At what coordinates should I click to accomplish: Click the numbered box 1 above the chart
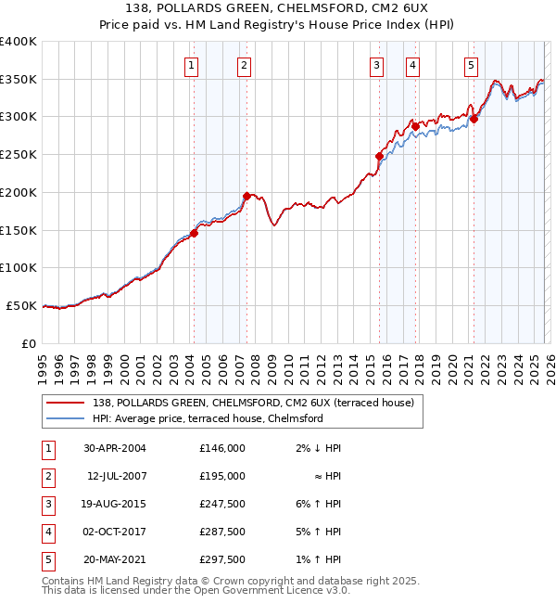[190, 65]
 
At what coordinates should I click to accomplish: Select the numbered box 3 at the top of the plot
[377, 65]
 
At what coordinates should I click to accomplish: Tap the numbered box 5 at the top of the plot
[472, 65]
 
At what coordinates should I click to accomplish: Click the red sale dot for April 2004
[195, 233]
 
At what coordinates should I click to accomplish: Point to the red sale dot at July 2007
[246, 196]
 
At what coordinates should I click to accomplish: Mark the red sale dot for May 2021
[474, 119]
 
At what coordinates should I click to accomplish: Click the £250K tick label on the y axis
[19, 155]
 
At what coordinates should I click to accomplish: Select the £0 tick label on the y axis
[28, 343]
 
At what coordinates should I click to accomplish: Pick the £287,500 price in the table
[221, 532]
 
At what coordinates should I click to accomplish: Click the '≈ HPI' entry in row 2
[328, 476]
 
